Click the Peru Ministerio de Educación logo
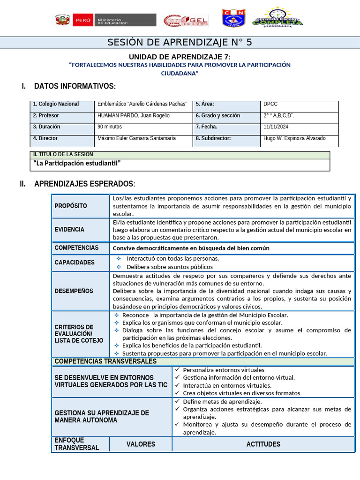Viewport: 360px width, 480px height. point(105,20)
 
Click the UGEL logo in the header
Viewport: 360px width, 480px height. point(185,21)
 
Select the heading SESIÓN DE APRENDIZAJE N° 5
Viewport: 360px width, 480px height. point(180,43)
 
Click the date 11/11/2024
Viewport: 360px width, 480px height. point(276,127)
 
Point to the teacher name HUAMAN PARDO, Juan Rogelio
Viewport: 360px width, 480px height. point(134,115)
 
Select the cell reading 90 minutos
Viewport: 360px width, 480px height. point(110,127)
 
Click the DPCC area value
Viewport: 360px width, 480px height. point(271,104)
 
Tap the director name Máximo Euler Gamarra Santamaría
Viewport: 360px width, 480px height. point(136,138)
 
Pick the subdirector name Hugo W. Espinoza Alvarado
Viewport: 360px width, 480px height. point(294,138)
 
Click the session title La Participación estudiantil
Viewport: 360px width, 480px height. point(77,163)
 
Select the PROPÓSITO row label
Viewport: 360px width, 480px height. point(71,206)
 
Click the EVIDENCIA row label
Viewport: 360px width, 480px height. point(69,229)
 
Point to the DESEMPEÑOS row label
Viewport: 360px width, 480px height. point(74,291)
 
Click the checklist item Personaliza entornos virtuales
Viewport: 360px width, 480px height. point(224,370)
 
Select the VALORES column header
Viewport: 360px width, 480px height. point(141,444)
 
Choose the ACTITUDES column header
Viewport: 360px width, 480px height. point(263,444)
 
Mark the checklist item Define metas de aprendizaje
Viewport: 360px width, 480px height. point(222,401)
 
